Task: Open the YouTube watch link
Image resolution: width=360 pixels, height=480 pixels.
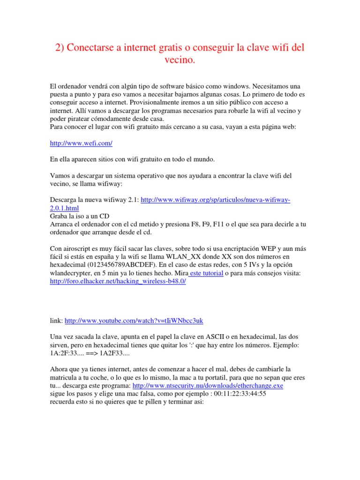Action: tap(134, 321)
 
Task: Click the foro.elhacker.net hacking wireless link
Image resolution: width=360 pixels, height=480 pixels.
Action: tap(118, 281)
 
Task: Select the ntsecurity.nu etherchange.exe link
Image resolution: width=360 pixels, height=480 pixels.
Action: tap(208, 385)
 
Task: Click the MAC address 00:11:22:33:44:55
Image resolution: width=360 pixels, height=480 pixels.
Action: tap(240, 394)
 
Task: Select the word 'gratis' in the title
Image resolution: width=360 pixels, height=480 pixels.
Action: tap(159, 48)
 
